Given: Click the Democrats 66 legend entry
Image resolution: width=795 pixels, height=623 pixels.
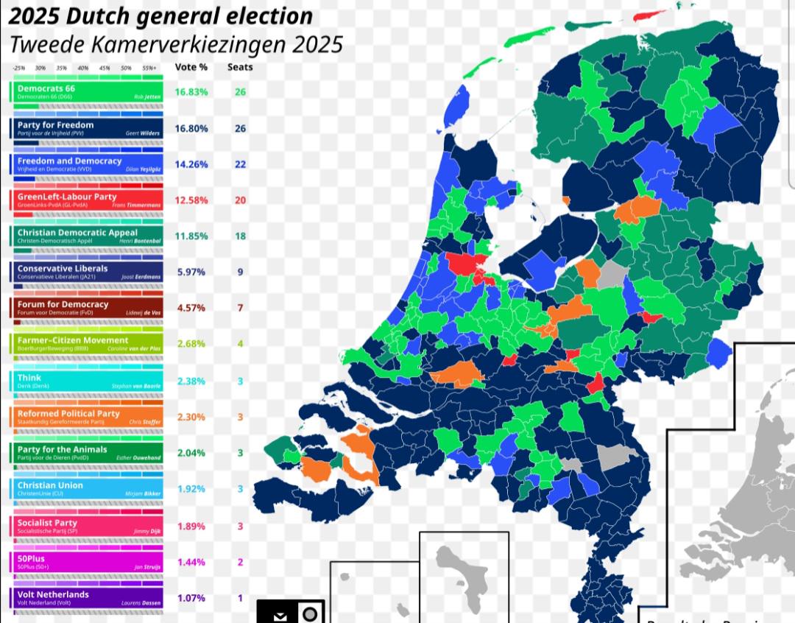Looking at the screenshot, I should pos(87,92).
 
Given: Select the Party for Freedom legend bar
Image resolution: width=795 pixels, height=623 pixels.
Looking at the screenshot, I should pos(87,128).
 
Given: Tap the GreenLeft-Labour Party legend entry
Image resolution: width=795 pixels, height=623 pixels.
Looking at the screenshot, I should pos(87,200).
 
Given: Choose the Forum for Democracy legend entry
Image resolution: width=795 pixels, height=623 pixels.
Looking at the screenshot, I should pos(87,308).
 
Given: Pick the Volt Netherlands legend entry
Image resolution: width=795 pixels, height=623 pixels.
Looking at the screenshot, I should pos(87,597).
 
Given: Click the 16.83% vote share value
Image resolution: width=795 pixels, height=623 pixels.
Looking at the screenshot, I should pos(191,92).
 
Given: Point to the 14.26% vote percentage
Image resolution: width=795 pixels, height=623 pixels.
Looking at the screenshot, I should pos(191,164).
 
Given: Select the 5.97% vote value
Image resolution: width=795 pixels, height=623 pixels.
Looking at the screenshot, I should pos(191,272).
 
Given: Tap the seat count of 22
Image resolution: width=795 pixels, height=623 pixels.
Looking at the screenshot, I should pos(240,164).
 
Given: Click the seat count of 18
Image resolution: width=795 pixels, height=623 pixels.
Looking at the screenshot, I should pos(240,236).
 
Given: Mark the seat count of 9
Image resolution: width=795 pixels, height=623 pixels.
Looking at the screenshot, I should pos(240,272).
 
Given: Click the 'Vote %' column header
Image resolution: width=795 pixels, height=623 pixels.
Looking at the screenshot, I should pos(191,67).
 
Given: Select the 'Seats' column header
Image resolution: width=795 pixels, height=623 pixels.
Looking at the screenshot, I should pos(240,67).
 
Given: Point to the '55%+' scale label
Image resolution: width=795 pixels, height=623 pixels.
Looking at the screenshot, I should pos(149,68).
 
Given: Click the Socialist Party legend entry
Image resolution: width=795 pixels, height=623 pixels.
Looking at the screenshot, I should pos(87,526).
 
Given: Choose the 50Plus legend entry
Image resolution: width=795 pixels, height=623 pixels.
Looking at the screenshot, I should pos(87,562).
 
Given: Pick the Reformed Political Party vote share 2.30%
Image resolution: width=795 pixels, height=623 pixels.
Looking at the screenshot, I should pos(191,417).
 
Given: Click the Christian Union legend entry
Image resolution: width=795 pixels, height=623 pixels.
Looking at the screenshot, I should pos(87,489).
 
